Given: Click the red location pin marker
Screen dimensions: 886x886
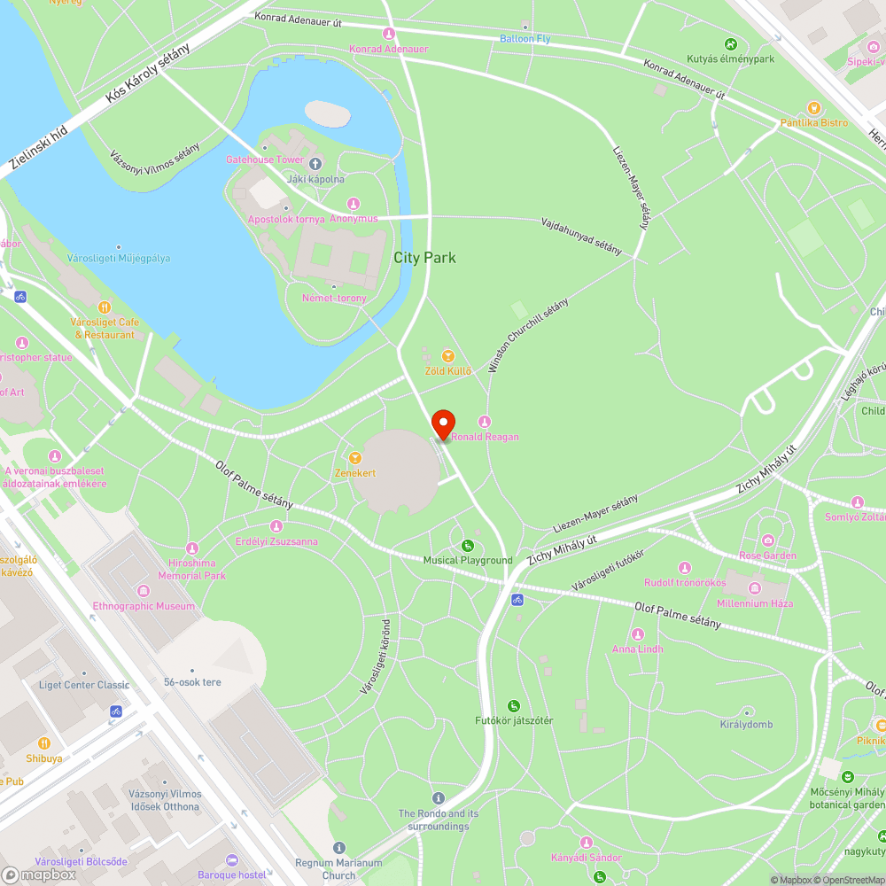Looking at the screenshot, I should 441,424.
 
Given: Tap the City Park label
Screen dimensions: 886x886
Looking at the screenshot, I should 424,258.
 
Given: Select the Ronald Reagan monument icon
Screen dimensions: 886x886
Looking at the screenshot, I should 485,421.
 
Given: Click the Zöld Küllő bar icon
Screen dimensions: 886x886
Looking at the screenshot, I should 447,355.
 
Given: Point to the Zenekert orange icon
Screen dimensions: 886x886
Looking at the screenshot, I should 355,458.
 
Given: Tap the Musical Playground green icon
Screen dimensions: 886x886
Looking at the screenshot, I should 468,545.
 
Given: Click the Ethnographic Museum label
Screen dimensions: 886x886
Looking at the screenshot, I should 144,606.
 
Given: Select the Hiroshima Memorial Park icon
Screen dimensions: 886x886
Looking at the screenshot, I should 192,548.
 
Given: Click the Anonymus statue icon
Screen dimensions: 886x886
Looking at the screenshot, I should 354,204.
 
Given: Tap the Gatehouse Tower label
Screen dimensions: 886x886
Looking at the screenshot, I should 265,159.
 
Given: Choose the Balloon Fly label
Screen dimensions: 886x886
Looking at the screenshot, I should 525,39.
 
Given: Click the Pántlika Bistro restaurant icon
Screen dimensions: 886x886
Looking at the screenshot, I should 814,107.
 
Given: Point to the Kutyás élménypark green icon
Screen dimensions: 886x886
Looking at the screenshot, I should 731,44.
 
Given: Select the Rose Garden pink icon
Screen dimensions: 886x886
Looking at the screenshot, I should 767,540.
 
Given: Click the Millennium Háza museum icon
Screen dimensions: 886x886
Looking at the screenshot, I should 756,588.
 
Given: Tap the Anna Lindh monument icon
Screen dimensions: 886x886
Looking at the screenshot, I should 637,633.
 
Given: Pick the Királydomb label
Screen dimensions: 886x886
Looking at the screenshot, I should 746,725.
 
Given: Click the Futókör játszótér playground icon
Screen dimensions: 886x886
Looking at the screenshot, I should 514,705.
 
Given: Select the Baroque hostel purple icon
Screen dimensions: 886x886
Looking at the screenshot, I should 232,860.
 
